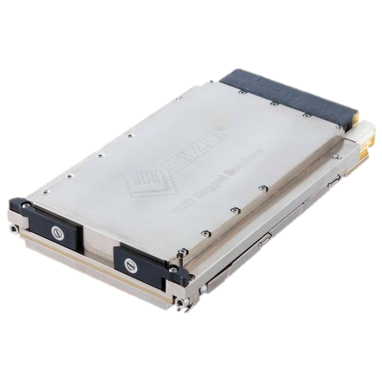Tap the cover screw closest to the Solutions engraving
[263, 188]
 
